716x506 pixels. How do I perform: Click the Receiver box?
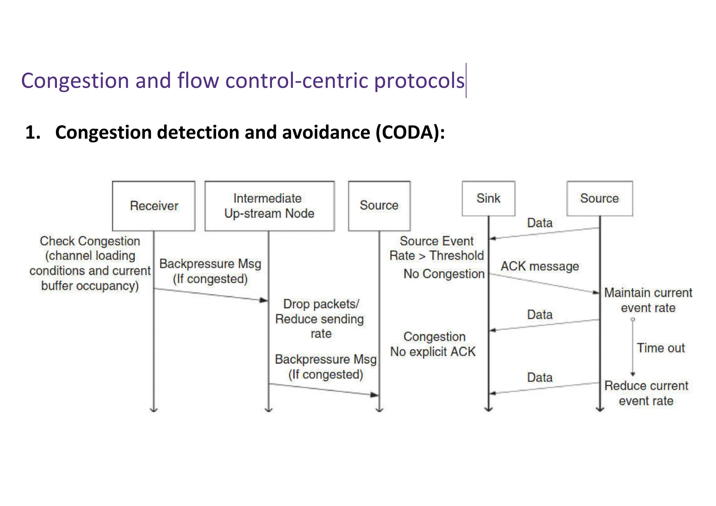[x=153, y=206]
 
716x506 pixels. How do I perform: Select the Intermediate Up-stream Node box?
[x=269, y=206]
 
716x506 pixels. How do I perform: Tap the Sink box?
[x=488, y=198]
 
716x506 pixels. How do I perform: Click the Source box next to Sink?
[x=599, y=198]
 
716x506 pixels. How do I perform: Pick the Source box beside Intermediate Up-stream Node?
[x=379, y=206]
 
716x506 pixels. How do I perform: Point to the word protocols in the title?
[x=419, y=81]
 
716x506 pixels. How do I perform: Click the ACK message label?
[x=539, y=266]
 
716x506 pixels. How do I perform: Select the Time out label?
[x=660, y=348]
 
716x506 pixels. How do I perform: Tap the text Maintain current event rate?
[x=648, y=300]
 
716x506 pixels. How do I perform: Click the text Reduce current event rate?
[x=646, y=393]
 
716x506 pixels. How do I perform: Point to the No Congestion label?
[x=444, y=274]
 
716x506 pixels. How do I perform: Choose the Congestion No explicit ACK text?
[x=433, y=344]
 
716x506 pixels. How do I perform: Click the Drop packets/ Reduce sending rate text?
[x=320, y=319]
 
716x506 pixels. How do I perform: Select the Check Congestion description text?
[x=90, y=263]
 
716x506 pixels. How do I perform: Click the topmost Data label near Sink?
[x=539, y=223]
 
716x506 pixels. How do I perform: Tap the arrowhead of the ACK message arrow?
[x=596, y=292]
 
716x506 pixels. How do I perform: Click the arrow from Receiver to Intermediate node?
[x=210, y=294]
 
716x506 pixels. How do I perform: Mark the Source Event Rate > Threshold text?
[x=436, y=248]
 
